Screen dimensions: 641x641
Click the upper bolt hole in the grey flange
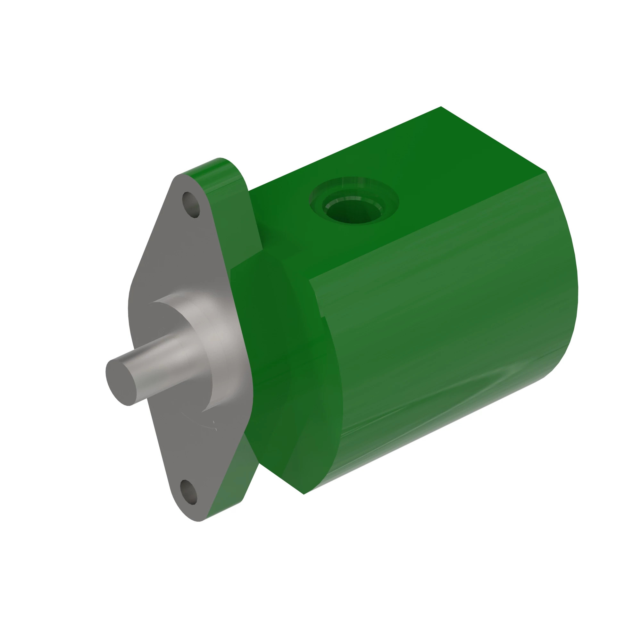pyautogui.click(x=191, y=204)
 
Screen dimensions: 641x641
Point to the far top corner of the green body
pyautogui.click(x=441, y=107)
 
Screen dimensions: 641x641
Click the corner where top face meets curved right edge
pyautogui.click(x=545, y=172)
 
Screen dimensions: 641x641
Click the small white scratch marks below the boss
pyautogui.click(x=211, y=426)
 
